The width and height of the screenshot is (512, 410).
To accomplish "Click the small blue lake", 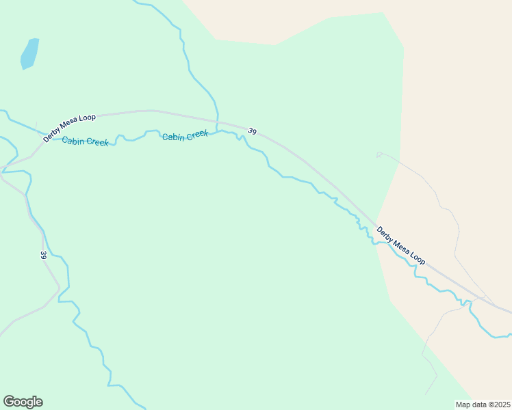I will tap(29, 53).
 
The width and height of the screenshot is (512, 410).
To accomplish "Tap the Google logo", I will tap(23, 402).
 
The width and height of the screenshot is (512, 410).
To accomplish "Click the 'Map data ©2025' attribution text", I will tap(483, 405).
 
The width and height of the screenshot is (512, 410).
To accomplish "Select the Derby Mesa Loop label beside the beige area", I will tap(401, 246).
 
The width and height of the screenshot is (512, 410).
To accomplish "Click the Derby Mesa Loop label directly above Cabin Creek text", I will tap(69, 128).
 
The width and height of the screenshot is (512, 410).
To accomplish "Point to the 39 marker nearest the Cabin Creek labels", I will tap(253, 131).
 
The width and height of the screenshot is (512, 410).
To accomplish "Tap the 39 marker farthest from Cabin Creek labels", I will tap(43, 256).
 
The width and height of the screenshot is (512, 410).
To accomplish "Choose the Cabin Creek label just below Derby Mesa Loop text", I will tap(85, 141).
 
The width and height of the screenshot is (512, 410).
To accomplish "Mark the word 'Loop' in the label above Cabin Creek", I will tap(87, 118).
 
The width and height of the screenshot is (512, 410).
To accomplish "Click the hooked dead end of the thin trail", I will tap(378, 154).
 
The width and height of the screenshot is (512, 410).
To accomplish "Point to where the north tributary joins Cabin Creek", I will tap(217, 131).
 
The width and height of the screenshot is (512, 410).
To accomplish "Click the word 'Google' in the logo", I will tap(23, 402).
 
